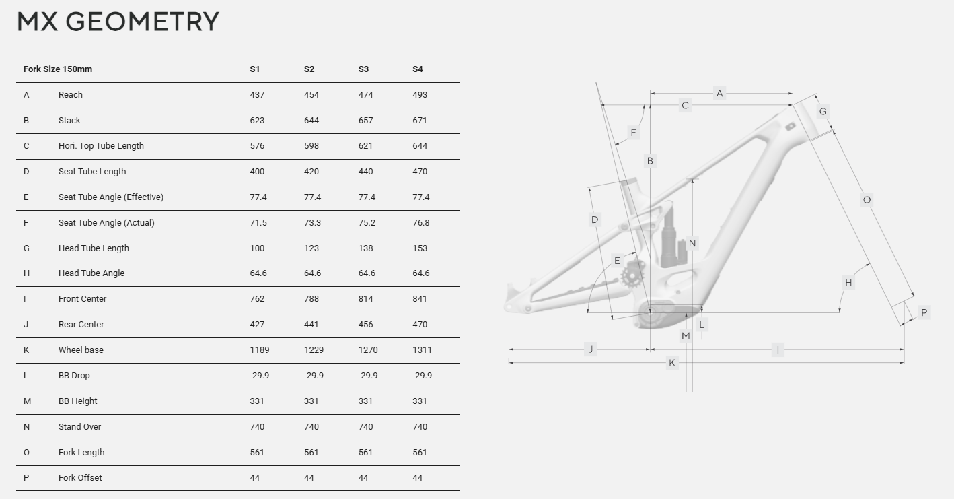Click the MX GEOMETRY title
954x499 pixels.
pyautogui.click(x=118, y=22)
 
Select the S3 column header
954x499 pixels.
pyautogui.click(x=363, y=69)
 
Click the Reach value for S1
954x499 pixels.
pyautogui.click(x=257, y=95)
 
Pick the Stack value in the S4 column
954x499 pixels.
pyautogui.click(x=420, y=121)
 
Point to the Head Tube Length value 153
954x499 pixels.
pyautogui.click(x=420, y=248)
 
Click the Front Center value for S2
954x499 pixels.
pyautogui.click(x=311, y=299)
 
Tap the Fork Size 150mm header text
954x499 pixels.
pyautogui.click(x=58, y=69)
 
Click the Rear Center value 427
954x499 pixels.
pyautogui.click(x=257, y=325)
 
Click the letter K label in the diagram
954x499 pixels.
pyautogui.click(x=671, y=363)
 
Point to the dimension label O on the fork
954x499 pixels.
pyautogui.click(x=867, y=199)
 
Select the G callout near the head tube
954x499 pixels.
pyautogui.click(x=822, y=112)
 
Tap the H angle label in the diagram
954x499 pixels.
pyautogui.click(x=848, y=283)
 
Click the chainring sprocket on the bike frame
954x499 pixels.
pyautogui.click(x=632, y=275)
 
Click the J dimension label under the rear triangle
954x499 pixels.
pyautogui.click(x=591, y=350)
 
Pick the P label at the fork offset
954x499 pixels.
pyautogui.click(x=924, y=312)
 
